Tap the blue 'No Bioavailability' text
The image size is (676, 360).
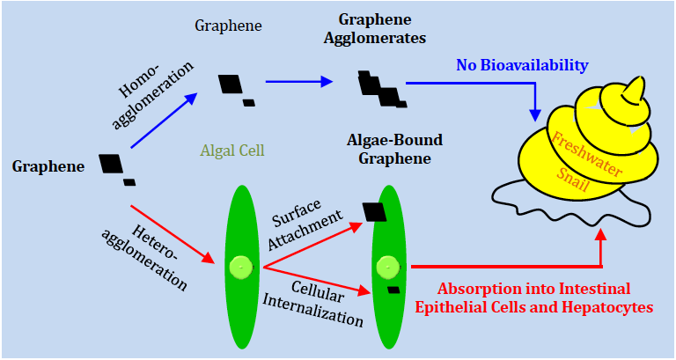(522, 65)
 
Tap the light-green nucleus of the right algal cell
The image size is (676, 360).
(386, 266)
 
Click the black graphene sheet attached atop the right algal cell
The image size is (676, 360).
(374, 211)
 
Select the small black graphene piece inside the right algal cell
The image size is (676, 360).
(393, 289)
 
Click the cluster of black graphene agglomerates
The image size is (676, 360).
(379, 86)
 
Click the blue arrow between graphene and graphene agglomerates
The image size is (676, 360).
(299, 82)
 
